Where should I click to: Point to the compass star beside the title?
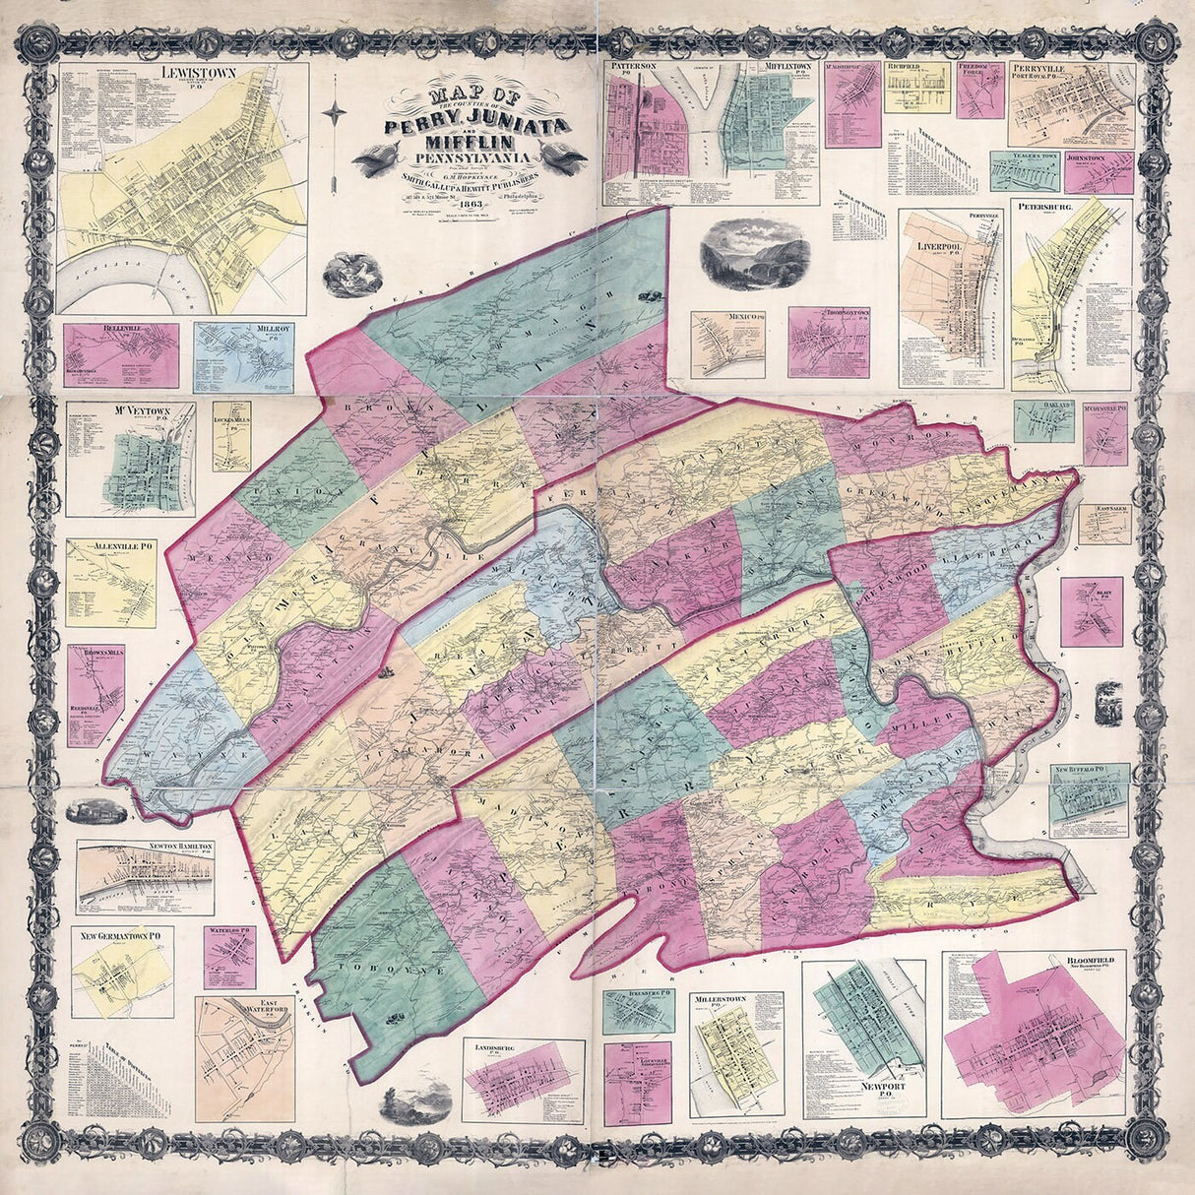pyautogui.click(x=335, y=114)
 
